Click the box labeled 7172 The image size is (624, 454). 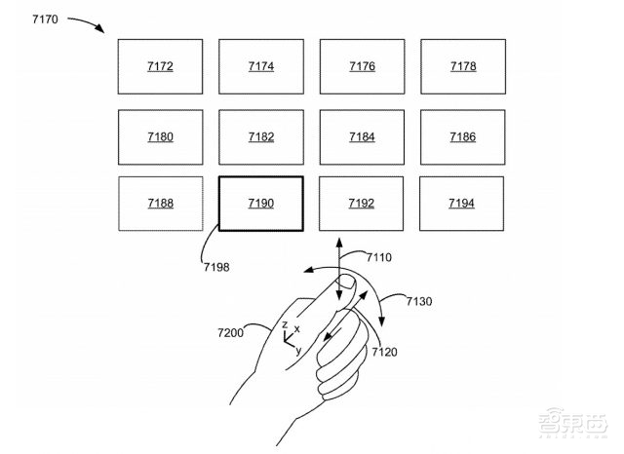click(x=160, y=67)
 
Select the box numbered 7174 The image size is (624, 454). click(x=261, y=67)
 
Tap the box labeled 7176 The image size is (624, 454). click(x=362, y=67)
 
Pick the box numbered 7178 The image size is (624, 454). click(x=462, y=67)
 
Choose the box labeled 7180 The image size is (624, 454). click(x=160, y=137)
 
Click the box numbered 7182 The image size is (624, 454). click(x=261, y=137)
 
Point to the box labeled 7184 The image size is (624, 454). click(x=362, y=137)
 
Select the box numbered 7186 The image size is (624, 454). click(x=462, y=137)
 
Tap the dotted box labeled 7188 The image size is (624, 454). click(x=160, y=204)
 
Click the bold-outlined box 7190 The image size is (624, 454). click(x=261, y=204)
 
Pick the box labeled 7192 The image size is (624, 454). click(x=362, y=204)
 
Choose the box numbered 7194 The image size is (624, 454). click(x=462, y=204)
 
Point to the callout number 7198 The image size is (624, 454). click(x=216, y=263)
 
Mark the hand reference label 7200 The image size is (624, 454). click(x=233, y=333)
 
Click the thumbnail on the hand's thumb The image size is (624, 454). click(x=344, y=284)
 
